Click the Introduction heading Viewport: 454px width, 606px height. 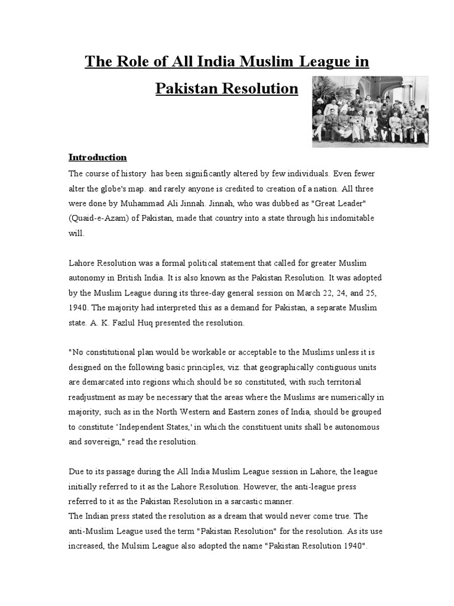point(98,157)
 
